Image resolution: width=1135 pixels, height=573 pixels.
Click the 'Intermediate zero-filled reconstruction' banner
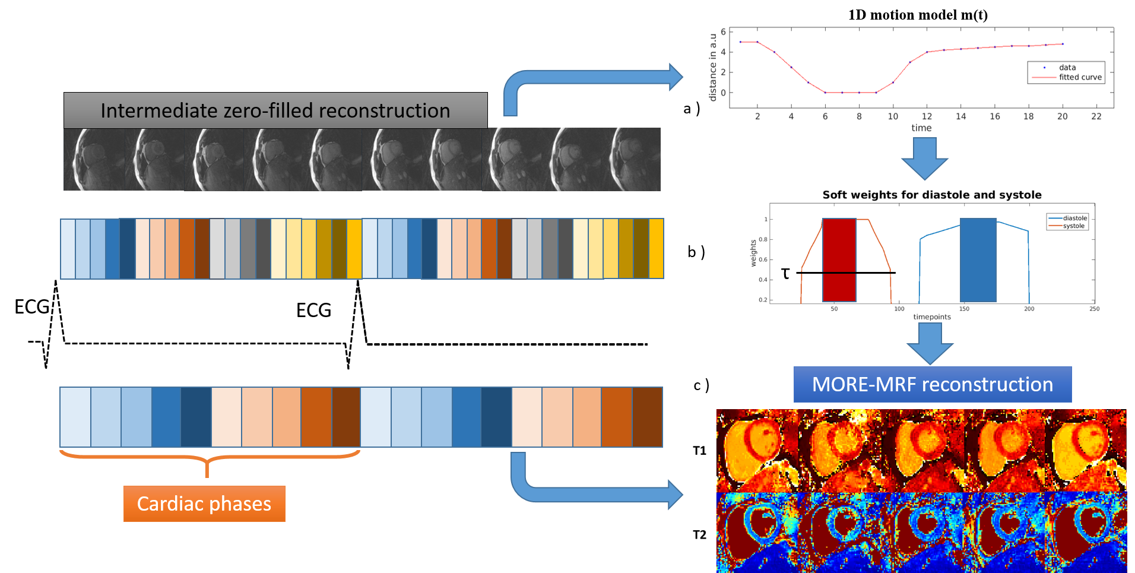click(275, 110)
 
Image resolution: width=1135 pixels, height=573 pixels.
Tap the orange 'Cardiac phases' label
click(204, 504)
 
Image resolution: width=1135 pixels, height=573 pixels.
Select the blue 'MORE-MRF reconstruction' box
click(932, 384)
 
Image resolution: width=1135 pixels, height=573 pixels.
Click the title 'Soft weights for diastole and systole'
click(931, 195)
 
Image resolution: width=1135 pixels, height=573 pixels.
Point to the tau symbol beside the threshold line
click(785, 273)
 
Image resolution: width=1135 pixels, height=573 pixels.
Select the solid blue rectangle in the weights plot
click(978, 259)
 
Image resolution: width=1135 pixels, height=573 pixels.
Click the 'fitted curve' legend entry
click(1080, 77)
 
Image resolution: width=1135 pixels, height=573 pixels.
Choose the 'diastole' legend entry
click(1074, 218)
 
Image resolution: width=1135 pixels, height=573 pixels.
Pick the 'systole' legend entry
click(1073, 226)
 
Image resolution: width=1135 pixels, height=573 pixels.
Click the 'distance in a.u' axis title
click(713, 67)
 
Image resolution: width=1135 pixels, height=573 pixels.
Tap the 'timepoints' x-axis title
click(931, 316)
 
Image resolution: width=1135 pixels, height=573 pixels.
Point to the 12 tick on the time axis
click(927, 116)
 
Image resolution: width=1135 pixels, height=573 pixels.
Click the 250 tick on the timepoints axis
click(1094, 309)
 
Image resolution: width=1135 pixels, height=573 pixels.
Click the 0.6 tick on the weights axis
click(763, 259)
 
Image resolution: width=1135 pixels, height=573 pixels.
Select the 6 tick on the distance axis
click(723, 31)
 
